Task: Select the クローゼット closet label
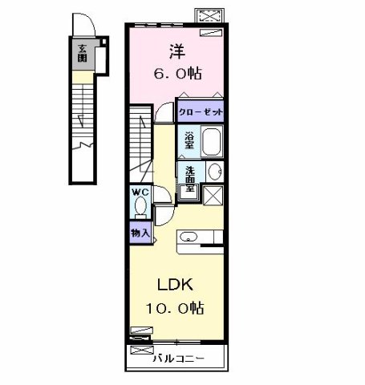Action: pos(200,112)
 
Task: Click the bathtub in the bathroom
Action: pos(211,141)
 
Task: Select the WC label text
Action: pos(140,192)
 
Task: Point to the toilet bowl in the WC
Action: pos(140,208)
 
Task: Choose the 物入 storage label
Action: pos(140,232)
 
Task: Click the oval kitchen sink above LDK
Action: pos(189,237)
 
